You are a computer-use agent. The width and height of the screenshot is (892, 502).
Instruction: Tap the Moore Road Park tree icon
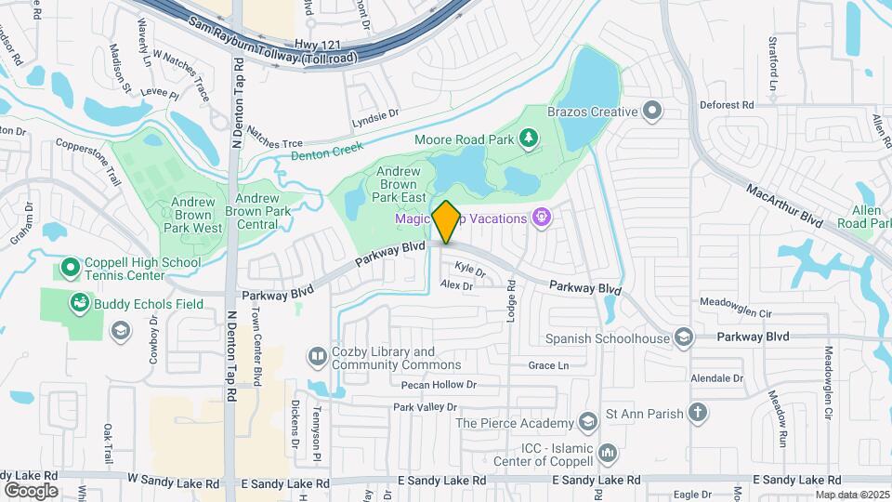click(x=529, y=139)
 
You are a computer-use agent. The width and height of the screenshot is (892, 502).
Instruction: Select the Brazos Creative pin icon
click(x=652, y=112)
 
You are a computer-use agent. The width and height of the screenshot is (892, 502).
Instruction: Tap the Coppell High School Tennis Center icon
click(x=71, y=269)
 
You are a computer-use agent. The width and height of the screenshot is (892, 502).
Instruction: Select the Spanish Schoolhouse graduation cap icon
click(x=684, y=337)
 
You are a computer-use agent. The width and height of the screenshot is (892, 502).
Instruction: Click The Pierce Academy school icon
click(x=587, y=423)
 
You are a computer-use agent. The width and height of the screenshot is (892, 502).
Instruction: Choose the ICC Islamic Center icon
click(x=608, y=453)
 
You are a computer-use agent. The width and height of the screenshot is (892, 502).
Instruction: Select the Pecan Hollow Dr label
click(x=439, y=384)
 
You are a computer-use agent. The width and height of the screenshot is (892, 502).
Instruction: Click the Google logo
click(x=31, y=490)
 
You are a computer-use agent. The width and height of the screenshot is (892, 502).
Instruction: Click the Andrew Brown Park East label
click(x=400, y=184)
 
